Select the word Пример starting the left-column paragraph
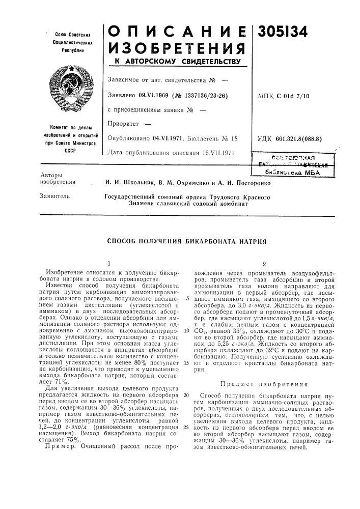(x=59, y=446)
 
